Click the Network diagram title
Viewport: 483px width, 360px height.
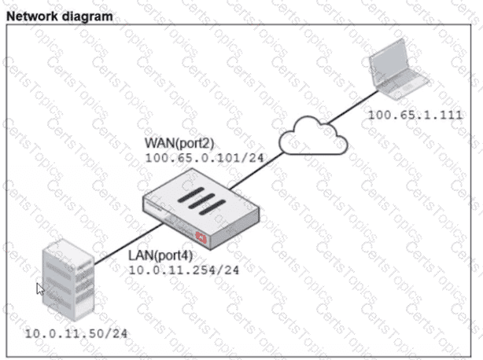pyautogui.click(x=59, y=15)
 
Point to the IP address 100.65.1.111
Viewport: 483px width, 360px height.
pyautogui.click(x=415, y=115)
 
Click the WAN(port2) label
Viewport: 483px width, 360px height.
pyautogui.click(x=178, y=144)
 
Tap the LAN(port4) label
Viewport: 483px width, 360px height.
pyautogui.click(x=160, y=255)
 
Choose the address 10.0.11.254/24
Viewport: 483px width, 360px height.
pyautogui.click(x=183, y=270)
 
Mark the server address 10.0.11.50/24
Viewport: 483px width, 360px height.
pyautogui.click(x=76, y=332)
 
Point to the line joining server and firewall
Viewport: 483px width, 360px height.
pyautogui.click(x=126, y=244)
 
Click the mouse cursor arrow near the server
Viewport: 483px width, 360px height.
pyautogui.click(x=39, y=288)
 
